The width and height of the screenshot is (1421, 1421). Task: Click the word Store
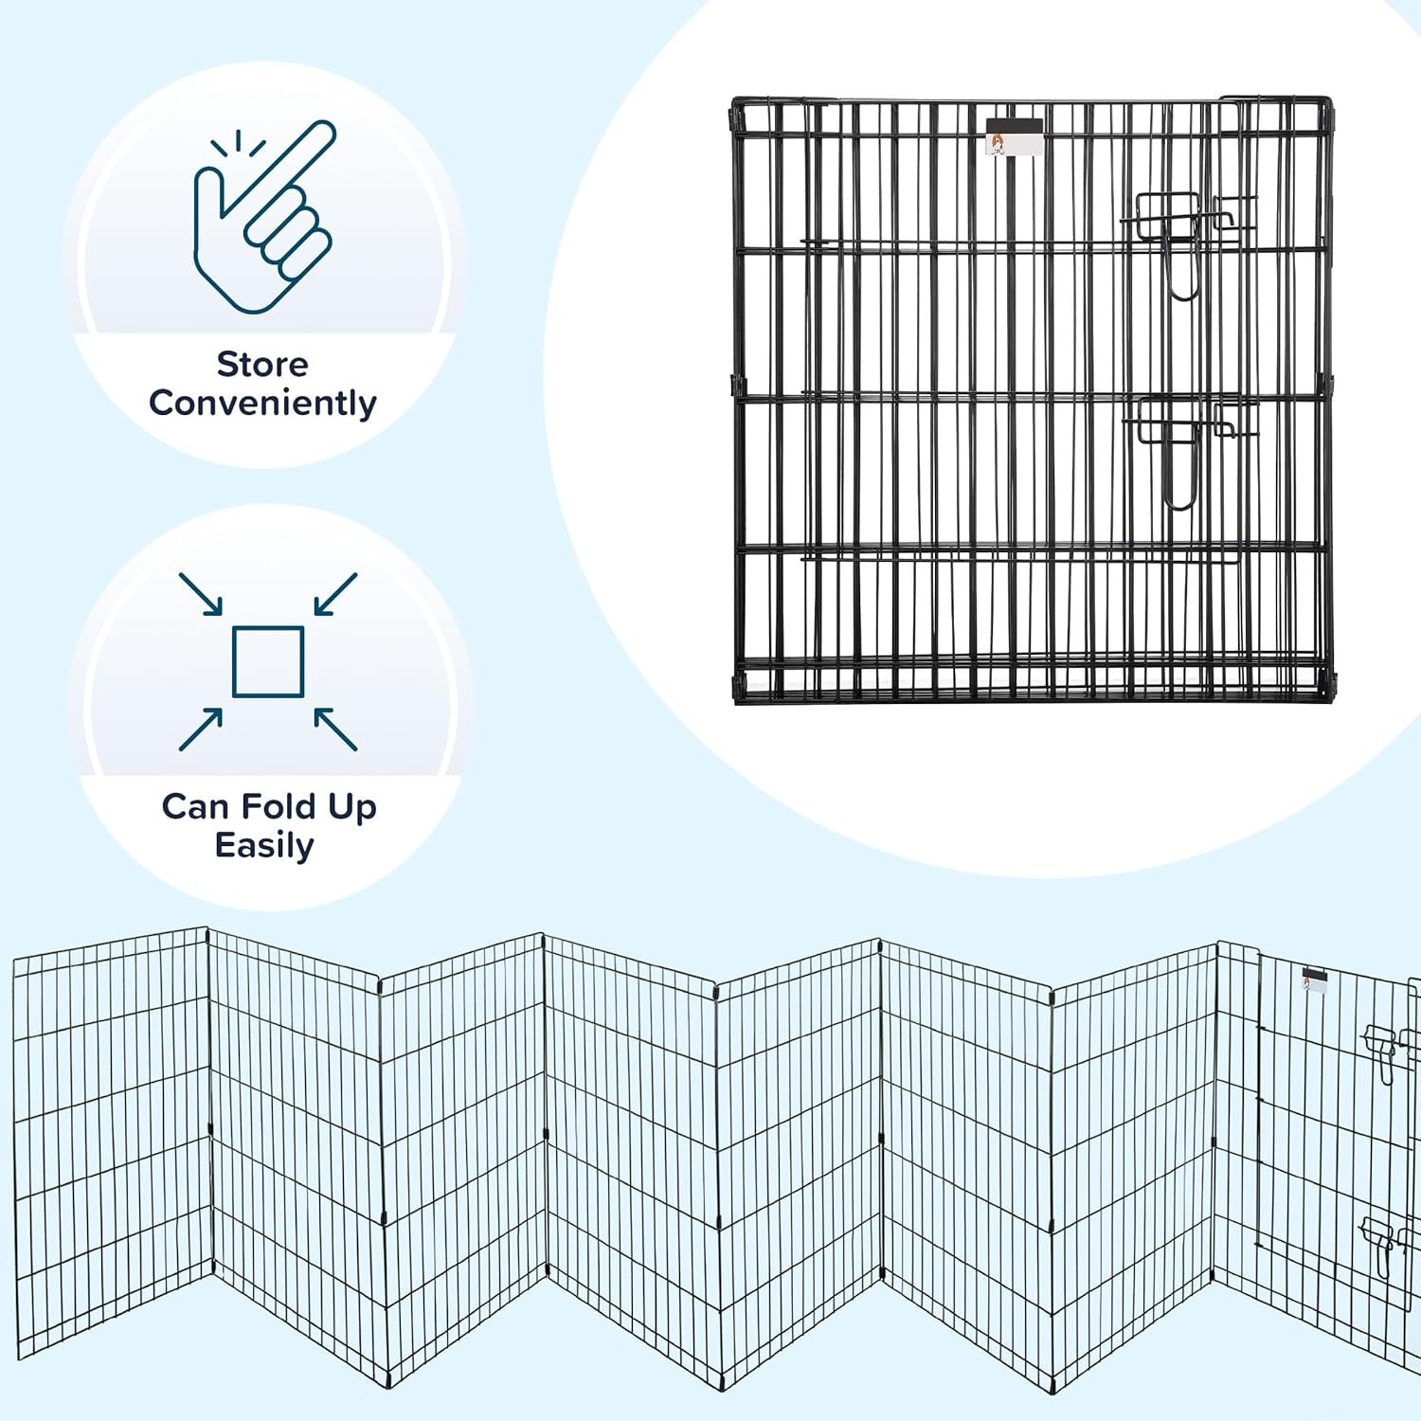262,365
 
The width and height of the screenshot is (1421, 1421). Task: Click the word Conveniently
262,404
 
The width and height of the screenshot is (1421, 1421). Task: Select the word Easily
263,845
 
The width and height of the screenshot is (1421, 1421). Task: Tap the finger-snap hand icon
264,217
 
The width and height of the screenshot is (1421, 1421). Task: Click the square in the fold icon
268,661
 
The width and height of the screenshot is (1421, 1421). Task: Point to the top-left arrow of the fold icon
201,594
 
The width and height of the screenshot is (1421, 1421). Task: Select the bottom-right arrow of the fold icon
335,729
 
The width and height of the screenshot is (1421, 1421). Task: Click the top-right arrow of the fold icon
335,594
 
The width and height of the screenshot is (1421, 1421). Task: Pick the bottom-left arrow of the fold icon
201,729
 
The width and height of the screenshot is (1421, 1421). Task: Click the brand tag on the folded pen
1014,137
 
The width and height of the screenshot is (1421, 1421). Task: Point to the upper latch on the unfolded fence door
1385,1048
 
